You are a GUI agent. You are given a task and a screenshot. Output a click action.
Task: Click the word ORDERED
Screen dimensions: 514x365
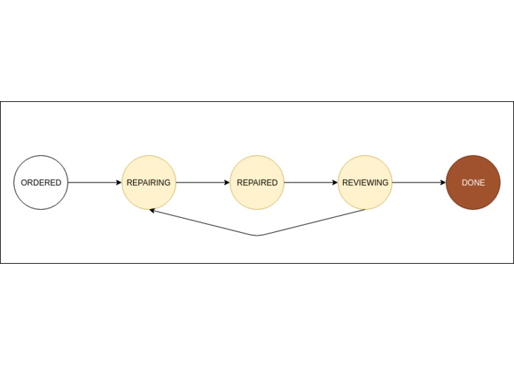tap(41, 182)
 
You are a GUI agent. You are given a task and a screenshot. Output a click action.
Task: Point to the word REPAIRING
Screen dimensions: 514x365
tap(149, 182)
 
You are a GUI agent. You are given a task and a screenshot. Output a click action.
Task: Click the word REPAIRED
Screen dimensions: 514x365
tap(257, 182)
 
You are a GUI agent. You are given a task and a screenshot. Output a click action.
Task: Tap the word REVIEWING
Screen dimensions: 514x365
tap(365, 182)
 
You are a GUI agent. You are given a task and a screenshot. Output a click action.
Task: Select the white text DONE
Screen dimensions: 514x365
tap(473, 182)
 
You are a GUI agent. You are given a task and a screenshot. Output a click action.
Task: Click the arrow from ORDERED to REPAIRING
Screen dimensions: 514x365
tap(95, 182)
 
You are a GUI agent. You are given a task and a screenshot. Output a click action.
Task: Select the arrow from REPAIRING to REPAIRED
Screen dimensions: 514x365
tap(203, 182)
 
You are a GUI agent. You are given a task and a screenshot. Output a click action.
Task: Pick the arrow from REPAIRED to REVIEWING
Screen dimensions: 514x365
tap(311, 182)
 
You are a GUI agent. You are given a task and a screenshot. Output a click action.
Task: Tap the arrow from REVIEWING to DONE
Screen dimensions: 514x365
tap(419, 182)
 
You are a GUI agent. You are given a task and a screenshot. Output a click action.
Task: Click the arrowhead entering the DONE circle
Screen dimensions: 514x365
tap(443, 182)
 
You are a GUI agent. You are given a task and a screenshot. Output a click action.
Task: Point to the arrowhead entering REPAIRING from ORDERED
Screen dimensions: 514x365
tap(119, 182)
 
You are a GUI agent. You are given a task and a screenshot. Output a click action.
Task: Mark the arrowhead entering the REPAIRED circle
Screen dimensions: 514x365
tap(227, 182)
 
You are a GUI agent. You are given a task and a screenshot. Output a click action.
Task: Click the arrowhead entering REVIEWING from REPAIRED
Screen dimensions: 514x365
tap(335, 182)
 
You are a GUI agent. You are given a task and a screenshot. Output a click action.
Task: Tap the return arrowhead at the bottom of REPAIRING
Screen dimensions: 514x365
tap(152, 211)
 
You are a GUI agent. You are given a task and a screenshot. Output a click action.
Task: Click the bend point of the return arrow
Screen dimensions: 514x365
tap(257, 236)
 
